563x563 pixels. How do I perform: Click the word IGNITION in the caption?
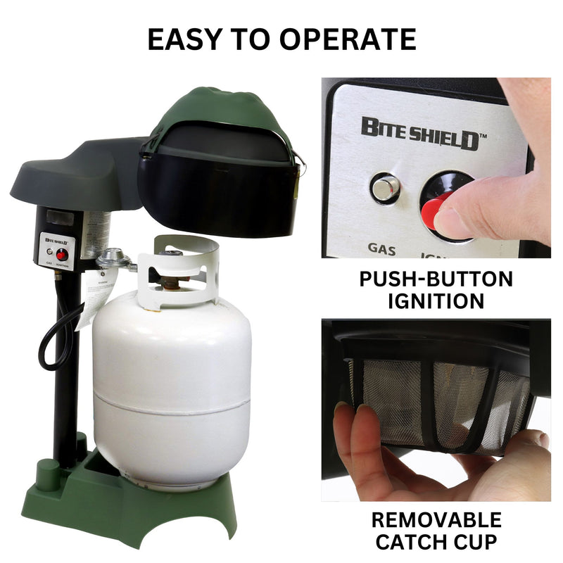pyautogui.click(x=436, y=301)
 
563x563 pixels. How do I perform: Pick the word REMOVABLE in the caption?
pyautogui.click(x=436, y=520)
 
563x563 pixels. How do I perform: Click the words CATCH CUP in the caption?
pyautogui.click(x=436, y=543)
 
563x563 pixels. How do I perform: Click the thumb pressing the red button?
pyautogui.click(x=479, y=204)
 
